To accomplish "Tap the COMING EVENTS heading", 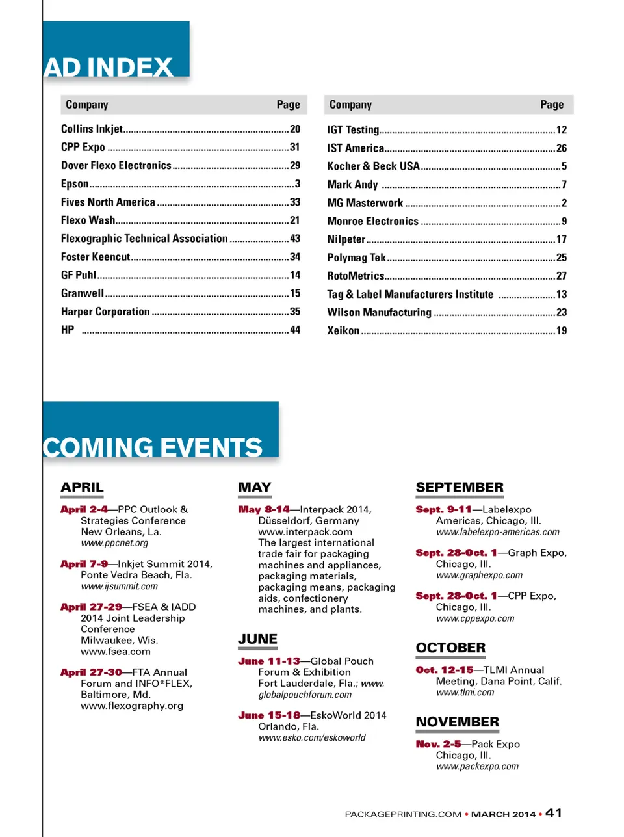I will click(x=153, y=447).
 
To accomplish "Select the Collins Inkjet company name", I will click(x=92, y=129).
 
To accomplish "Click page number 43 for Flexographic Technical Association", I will click(x=295, y=239).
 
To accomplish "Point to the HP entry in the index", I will click(x=68, y=330).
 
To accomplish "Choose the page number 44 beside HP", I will click(x=295, y=330).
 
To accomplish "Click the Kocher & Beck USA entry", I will click(x=373, y=166).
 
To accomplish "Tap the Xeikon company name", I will click(x=343, y=330).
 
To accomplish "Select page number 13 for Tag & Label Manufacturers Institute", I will click(x=562, y=294).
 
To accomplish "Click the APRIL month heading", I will click(x=82, y=487).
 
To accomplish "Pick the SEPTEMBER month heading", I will click(x=460, y=487).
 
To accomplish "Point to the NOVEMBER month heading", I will click(x=458, y=722).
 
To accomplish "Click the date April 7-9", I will click(x=84, y=564).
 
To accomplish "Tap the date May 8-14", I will click(x=264, y=509).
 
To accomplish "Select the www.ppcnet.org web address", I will click(x=114, y=543).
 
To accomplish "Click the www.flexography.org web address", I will click(x=132, y=706).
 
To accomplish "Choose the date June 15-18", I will click(x=269, y=715).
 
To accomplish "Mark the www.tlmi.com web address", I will click(x=465, y=693).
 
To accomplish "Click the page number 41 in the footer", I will click(x=554, y=813).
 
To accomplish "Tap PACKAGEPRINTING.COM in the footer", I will click(x=403, y=814).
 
